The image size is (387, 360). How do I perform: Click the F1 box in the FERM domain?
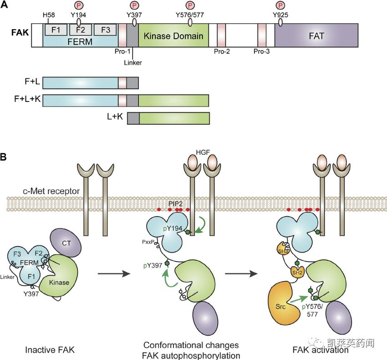pos(56,30)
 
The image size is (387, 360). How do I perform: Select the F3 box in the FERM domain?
pos(105,30)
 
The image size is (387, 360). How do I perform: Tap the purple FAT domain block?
pos(316,36)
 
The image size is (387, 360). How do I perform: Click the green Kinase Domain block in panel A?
pos(173,36)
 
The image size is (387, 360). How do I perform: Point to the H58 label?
pos(49,15)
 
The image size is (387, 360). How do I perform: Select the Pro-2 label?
pos(222,52)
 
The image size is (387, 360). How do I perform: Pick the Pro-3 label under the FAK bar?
pos(262,52)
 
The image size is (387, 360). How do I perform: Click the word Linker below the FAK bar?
pos(132,62)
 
